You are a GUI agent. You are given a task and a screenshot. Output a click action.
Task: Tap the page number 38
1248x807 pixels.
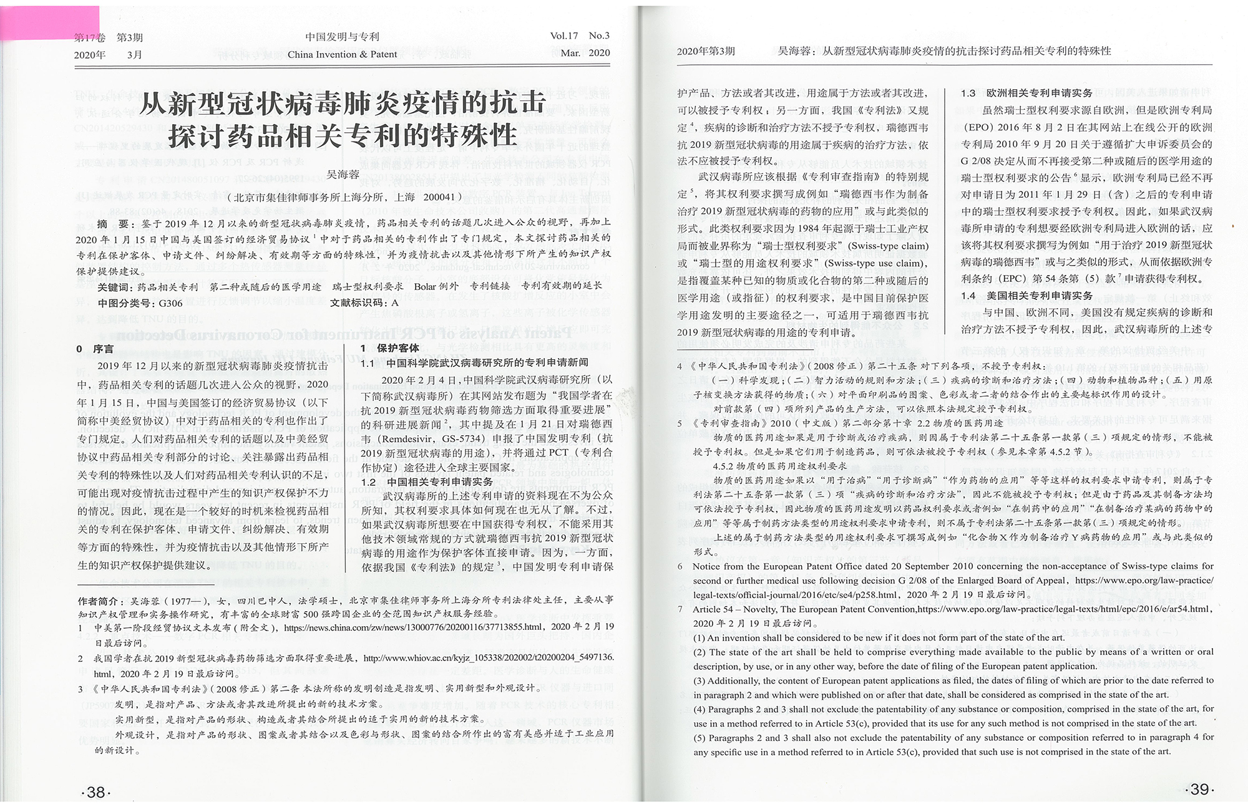click(95, 792)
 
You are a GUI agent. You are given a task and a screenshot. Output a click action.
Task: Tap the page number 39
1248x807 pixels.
click(1199, 790)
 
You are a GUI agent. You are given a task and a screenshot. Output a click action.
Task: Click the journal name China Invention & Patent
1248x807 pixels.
click(342, 54)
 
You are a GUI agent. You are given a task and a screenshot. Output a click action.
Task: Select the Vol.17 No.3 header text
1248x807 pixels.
click(580, 36)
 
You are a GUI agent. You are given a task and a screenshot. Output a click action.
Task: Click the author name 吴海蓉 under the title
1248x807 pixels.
click(343, 175)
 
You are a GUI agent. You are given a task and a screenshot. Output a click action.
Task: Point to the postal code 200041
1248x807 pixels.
click(441, 197)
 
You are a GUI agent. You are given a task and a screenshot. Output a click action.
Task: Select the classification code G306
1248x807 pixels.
click(170, 303)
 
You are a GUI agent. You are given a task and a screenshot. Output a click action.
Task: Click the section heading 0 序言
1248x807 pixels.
click(95, 349)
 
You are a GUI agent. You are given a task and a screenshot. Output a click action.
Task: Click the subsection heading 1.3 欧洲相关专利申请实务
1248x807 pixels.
click(1026, 93)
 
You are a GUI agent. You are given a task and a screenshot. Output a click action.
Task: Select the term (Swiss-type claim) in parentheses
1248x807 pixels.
click(888, 246)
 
